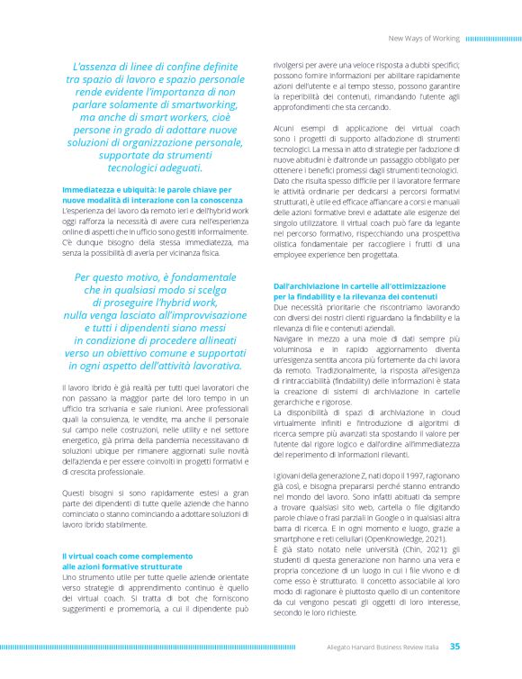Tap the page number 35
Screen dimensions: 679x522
(x=454, y=646)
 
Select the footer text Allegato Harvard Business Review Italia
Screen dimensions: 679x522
(x=383, y=647)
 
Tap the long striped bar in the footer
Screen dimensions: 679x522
(x=148, y=647)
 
